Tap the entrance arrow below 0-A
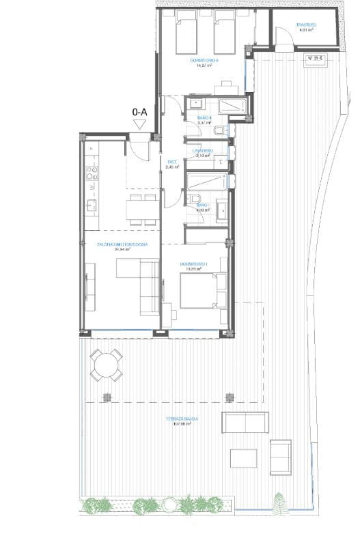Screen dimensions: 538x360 tap(141, 124)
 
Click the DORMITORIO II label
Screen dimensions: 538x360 tap(204, 61)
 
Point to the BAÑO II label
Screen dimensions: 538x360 tap(204, 118)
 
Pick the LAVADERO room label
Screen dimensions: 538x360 tap(204, 150)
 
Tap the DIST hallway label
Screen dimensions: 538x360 tap(172, 162)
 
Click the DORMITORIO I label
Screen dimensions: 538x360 tap(193, 264)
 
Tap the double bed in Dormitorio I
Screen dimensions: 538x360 tap(202, 292)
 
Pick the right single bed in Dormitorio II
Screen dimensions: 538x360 tap(225, 33)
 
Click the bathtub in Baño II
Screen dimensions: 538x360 tap(230, 105)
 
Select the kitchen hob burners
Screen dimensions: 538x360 tap(92, 180)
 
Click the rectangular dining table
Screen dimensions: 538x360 tap(141, 208)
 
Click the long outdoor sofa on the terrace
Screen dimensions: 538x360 tap(243, 423)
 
